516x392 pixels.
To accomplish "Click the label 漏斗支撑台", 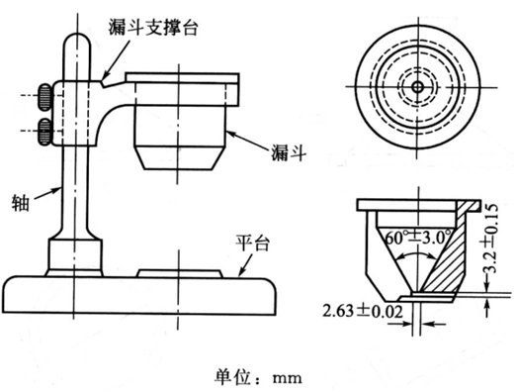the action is point(153,27).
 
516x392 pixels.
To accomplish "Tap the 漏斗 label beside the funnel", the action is point(289,152).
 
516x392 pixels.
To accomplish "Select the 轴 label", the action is point(21,202).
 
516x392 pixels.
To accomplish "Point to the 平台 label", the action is point(252,244).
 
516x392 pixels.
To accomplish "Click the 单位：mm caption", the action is point(258,377).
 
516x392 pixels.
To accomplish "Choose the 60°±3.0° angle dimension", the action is point(417,237).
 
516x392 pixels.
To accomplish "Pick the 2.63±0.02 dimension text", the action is point(363,311).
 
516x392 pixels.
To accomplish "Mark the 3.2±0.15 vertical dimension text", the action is point(490,239).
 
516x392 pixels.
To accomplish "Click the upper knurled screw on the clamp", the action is point(44,97).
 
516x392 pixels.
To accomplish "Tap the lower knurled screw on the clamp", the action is point(44,132).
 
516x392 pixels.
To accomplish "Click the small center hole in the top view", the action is point(418,87).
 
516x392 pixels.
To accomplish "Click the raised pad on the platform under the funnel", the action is point(180,273).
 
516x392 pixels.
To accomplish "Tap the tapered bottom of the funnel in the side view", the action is point(178,157).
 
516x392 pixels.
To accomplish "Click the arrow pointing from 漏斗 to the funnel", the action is point(247,141).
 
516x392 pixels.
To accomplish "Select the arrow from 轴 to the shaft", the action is point(47,193).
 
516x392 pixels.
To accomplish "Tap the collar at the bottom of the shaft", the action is point(75,255).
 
